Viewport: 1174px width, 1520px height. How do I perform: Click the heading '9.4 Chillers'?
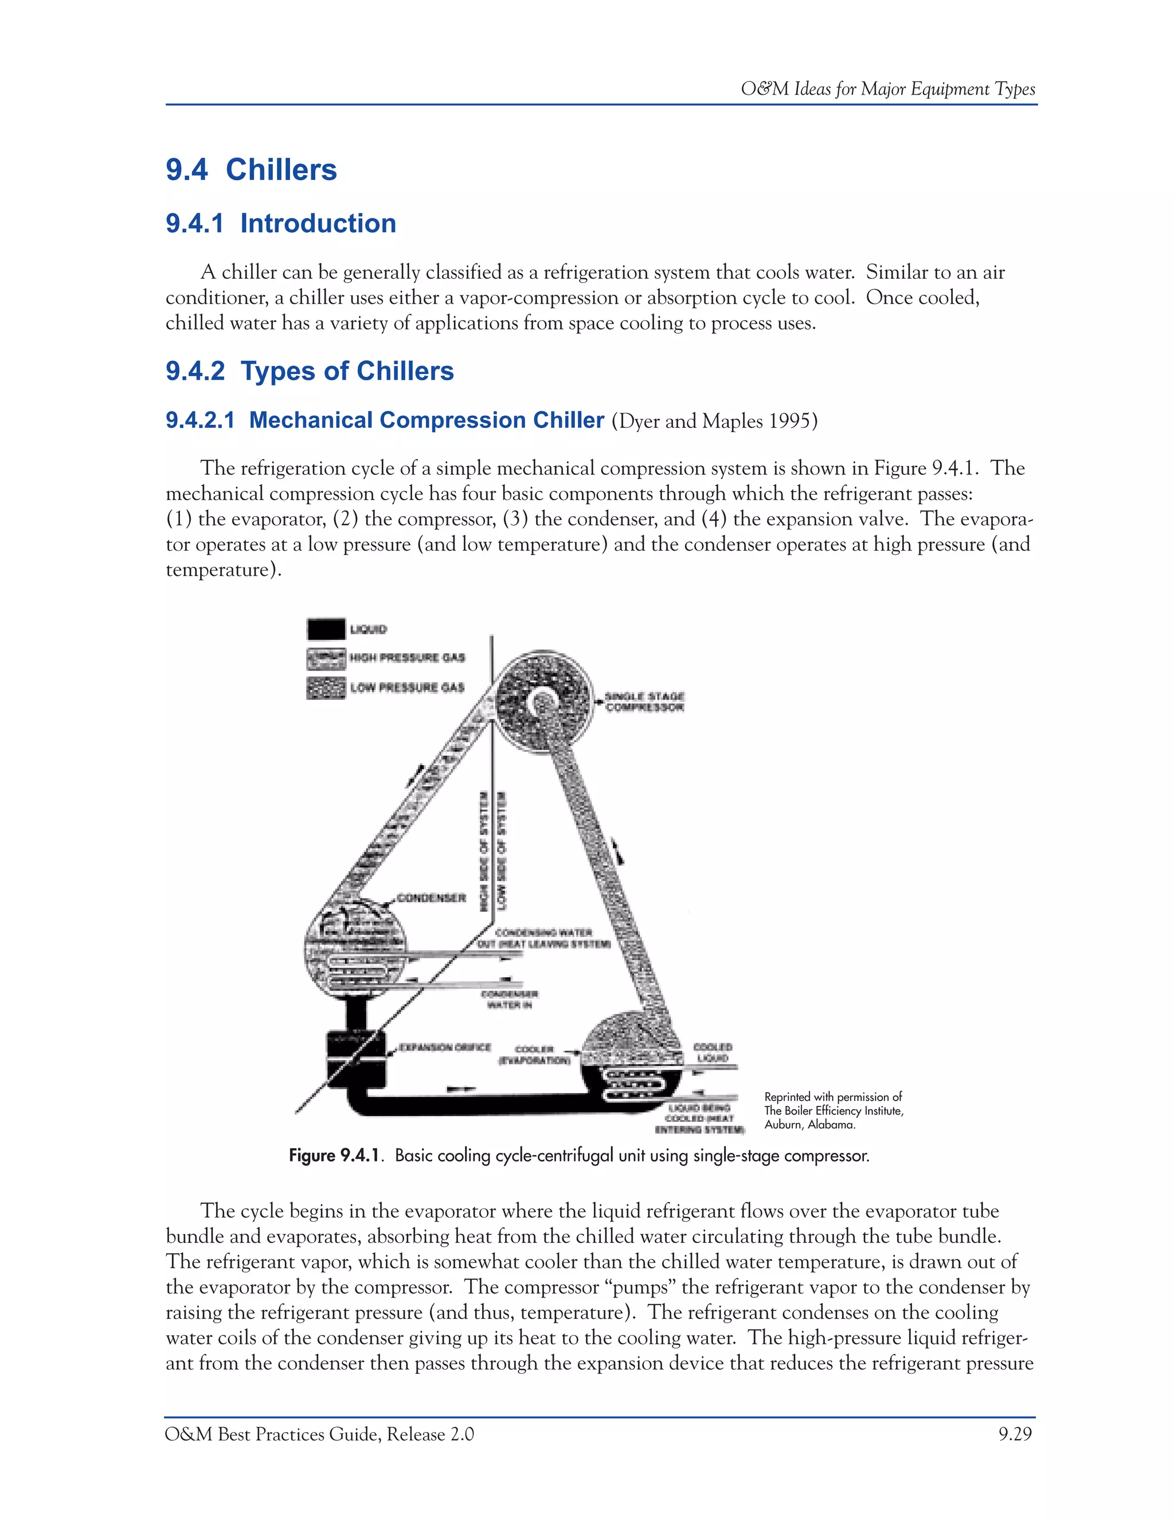[251, 170]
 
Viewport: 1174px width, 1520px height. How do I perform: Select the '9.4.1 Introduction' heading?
[280, 223]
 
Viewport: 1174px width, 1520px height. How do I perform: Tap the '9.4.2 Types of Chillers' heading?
[310, 371]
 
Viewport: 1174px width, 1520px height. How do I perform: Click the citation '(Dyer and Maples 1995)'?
[714, 421]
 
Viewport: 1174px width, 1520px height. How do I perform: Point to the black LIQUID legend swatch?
[326, 629]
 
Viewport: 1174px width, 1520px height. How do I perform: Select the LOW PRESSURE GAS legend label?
[407, 688]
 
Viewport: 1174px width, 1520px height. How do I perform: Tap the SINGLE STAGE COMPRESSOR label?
[645, 701]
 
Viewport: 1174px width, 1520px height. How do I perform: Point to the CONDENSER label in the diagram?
[431, 898]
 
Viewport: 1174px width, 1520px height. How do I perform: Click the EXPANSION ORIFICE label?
[445, 1047]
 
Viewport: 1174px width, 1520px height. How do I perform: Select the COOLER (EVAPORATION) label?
[534, 1055]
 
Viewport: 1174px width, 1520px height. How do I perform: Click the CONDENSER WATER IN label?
[509, 999]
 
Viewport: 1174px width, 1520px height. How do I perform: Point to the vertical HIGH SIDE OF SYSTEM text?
[483, 851]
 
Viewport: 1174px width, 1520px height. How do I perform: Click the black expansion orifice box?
[355, 1059]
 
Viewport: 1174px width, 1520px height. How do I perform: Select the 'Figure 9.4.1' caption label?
[335, 1156]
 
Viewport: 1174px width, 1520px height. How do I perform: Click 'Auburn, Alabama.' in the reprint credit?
[809, 1125]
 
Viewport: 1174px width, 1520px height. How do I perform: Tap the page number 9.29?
[1015, 1435]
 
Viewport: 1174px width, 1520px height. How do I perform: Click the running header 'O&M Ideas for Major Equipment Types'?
[887, 89]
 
